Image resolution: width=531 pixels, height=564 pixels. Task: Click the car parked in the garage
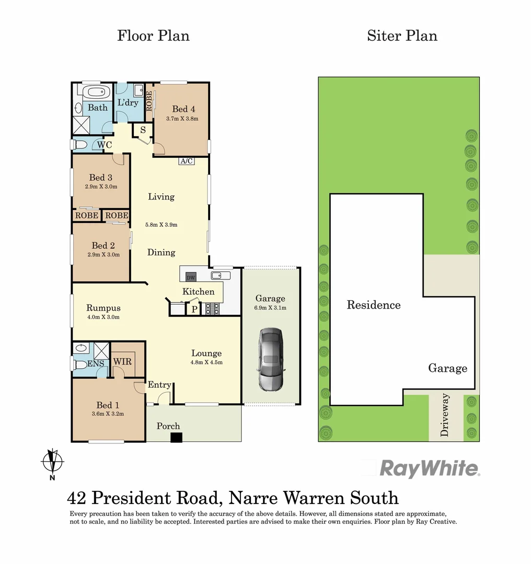270,360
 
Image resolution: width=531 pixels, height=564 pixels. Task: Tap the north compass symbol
52,462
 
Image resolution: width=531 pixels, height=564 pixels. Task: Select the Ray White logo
429,468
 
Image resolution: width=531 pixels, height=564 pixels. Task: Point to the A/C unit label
187,161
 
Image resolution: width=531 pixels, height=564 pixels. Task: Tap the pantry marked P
193,309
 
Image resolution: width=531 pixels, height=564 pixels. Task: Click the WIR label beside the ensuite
122,361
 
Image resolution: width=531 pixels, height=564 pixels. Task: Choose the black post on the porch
177,438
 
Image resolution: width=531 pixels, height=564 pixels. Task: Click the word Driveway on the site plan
445,415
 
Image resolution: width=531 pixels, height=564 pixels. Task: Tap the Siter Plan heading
402,36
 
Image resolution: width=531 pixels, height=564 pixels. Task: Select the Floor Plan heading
153,36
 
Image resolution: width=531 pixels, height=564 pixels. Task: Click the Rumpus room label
103,308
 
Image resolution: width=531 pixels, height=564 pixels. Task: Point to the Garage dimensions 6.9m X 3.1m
270,308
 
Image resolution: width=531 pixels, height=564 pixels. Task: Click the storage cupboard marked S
143,130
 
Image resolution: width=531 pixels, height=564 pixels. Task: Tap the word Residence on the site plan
374,305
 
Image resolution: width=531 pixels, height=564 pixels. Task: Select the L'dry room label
128,102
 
